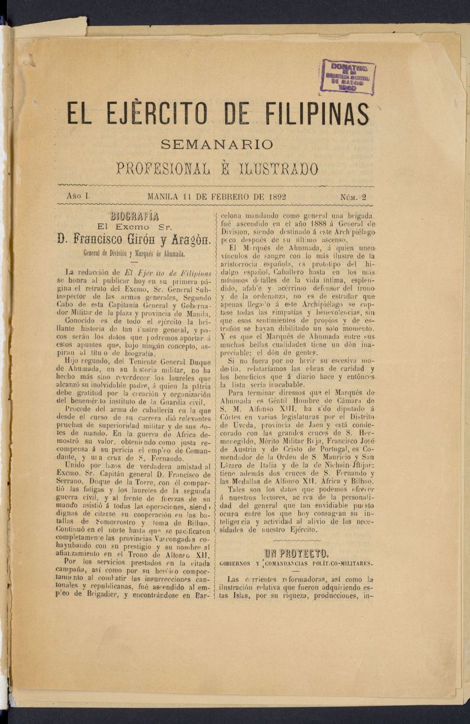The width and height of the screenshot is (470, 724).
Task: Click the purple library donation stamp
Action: pyautogui.click(x=347, y=76)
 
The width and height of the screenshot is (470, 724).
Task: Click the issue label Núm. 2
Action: pyautogui.click(x=352, y=197)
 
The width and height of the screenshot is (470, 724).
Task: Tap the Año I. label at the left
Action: pyautogui.click(x=77, y=197)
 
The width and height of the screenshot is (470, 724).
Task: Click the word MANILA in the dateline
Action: pyautogui.click(x=168, y=197)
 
